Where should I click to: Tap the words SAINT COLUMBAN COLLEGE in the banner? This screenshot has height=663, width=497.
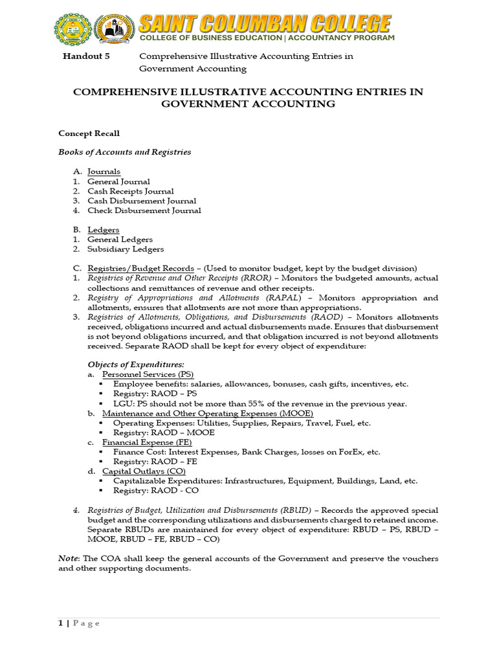point(265,25)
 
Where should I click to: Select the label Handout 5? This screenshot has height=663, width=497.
point(86,56)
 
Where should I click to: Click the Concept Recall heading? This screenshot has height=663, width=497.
point(89,133)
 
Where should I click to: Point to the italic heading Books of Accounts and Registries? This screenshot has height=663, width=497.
point(124,152)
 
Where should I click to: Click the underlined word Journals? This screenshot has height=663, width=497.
point(104,172)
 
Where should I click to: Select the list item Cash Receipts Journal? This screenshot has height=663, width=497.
point(131,191)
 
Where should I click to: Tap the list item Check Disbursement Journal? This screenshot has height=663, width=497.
point(144,210)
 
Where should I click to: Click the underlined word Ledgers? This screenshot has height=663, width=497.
point(103,230)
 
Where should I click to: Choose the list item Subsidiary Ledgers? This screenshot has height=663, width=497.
point(126,249)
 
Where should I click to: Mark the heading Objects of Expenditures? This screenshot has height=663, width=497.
point(136,365)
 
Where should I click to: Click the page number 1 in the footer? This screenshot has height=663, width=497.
point(61,623)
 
